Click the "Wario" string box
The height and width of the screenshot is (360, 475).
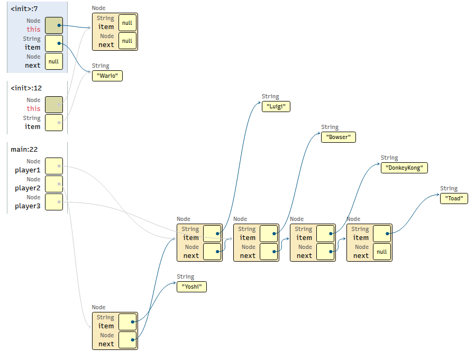[107, 76]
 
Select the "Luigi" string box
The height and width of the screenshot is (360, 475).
[276, 106]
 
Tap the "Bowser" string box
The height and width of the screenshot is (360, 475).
[339, 137]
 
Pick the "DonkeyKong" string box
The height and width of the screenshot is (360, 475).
[404, 168]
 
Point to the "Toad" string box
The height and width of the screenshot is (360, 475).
[454, 198]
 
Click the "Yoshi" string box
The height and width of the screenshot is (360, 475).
[192, 287]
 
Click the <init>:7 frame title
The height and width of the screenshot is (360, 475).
[24, 9]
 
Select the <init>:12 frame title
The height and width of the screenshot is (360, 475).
[26, 88]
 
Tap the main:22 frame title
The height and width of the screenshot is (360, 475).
[24, 149]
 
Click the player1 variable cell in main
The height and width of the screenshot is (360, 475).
[54, 166]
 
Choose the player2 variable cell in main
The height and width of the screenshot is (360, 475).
[54, 184]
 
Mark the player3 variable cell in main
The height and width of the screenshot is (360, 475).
[54, 202]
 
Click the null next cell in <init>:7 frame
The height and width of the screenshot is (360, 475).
[54, 61]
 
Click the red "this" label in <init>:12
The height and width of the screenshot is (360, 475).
[33, 108]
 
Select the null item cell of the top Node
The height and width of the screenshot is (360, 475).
[127, 23]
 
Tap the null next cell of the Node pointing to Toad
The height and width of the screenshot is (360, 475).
[382, 252]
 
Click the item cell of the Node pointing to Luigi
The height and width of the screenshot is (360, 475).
[212, 234]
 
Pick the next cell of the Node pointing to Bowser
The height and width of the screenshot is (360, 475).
[269, 252]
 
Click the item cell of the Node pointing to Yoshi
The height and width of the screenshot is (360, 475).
[127, 322]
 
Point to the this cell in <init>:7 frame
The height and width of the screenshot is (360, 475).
[54, 25]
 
